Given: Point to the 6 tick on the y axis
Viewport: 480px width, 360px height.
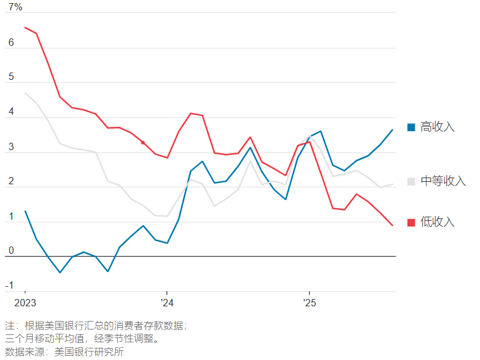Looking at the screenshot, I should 10,43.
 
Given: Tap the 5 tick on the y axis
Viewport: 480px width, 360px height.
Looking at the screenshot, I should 10,77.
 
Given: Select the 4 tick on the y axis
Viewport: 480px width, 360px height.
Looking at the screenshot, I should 10,112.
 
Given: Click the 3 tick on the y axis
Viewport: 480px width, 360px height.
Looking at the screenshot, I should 10,147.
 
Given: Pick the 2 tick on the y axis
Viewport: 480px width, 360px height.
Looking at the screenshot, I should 10,182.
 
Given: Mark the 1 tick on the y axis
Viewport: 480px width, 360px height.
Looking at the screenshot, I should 10,217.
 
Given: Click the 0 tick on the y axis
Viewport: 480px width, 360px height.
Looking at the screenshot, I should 10,251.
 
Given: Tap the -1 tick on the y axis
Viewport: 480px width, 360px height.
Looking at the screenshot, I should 9,286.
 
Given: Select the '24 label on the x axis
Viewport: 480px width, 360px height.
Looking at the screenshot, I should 167,303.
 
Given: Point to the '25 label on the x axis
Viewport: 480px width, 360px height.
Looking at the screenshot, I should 309,303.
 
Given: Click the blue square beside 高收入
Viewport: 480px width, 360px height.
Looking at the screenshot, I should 411,127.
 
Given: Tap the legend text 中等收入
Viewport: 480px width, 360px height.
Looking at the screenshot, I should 443,181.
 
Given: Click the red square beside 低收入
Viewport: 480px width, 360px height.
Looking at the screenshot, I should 411,222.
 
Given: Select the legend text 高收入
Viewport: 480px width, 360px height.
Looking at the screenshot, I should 437,127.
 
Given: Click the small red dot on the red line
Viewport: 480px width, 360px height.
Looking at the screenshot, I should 143,142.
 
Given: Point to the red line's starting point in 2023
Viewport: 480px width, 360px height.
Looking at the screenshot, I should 25,27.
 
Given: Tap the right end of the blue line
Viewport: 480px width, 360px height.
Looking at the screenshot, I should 392,130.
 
